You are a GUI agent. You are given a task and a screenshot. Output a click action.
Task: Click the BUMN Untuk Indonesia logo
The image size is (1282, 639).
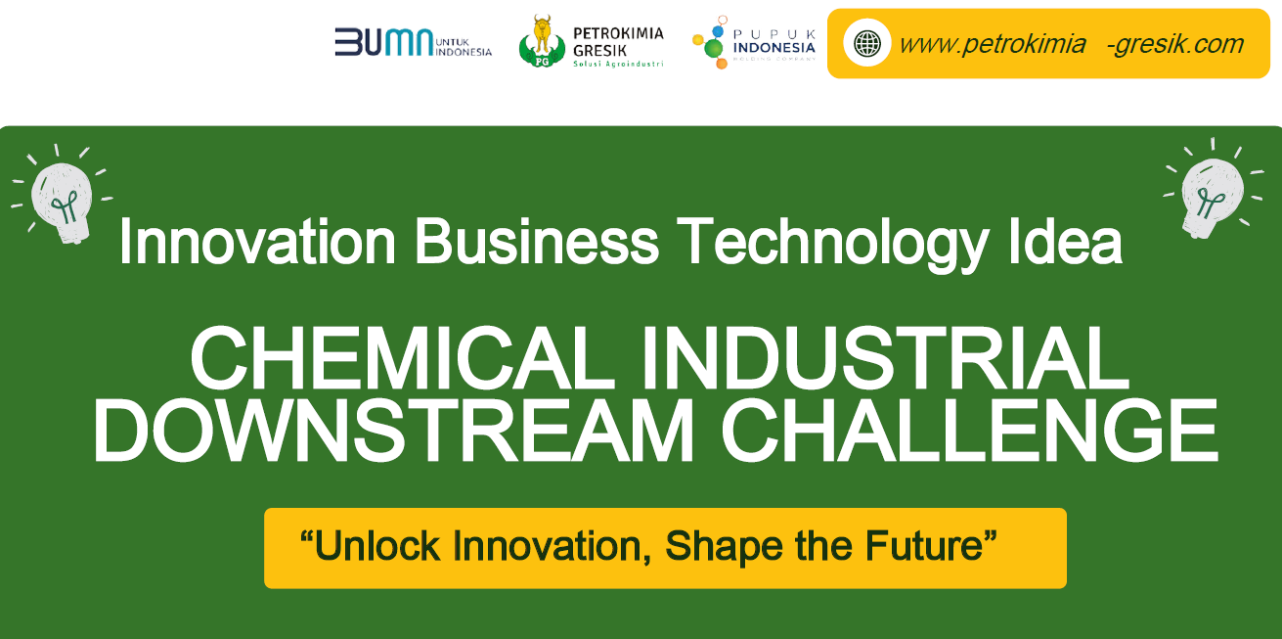click(414, 42)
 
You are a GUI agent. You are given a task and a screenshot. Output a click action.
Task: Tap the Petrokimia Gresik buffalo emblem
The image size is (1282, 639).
click(542, 41)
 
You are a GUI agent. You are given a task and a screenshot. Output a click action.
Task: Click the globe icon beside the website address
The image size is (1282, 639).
click(867, 43)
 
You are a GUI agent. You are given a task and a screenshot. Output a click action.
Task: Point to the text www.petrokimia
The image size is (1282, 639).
click(993, 44)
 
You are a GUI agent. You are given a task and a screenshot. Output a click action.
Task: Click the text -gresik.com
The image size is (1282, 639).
click(1175, 44)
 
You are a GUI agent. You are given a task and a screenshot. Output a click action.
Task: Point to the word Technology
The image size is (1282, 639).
click(833, 243)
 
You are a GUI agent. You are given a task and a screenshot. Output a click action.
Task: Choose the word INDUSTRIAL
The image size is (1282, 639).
click(886, 358)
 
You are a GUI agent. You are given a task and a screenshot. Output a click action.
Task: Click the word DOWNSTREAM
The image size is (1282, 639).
click(394, 430)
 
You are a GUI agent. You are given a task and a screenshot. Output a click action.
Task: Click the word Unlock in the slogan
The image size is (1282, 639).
click(377, 545)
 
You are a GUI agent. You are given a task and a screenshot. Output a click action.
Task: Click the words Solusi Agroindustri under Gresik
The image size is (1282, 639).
click(618, 64)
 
